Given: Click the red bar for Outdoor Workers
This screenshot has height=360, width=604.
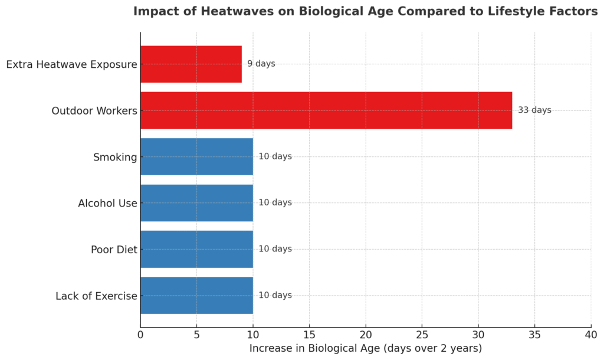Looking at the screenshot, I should pyautogui.click(x=326, y=110).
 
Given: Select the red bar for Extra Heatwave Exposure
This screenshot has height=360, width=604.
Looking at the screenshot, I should pyautogui.click(x=191, y=64).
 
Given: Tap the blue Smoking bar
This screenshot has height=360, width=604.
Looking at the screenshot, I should pyautogui.click(x=196, y=156).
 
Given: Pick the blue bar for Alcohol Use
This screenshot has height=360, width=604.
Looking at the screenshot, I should pyautogui.click(x=196, y=202).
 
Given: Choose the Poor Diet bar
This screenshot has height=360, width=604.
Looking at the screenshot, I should pyautogui.click(x=196, y=249).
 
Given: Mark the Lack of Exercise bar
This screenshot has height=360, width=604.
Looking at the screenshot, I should pyautogui.click(x=196, y=295).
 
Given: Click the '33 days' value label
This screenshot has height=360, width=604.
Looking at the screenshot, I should pyautogui.click(x=534, y=110).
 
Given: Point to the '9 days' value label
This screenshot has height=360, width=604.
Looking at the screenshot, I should pyautogui.click(x=261, y=64).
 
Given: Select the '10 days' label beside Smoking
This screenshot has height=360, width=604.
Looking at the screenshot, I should pyautogui.click(x=275, y=156).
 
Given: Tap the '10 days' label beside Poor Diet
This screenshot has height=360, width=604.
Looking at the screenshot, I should pyautogui.click(x=275, y=249).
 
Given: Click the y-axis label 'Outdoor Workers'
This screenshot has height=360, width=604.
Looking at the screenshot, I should pyautogui.click(x=94, y=110).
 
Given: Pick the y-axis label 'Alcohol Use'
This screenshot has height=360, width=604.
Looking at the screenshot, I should pyautogui.click(x=107, y=203).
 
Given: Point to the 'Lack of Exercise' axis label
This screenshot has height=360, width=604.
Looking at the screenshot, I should pyautogui.click(x=96, y=296).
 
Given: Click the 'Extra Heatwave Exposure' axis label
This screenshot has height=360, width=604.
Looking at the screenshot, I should pyautogui.click(x=71, y=64).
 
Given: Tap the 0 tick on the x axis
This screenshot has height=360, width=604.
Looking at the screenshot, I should pyautogui.click(x=140, y=335).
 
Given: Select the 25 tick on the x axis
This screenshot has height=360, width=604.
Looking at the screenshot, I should pyautogui.click(x=422, y=335).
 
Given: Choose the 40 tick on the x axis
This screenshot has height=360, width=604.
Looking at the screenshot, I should pyautogui.click(x=590, y=335).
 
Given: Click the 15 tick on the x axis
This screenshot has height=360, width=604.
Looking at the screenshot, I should pyautogui.click(x=309, y=335).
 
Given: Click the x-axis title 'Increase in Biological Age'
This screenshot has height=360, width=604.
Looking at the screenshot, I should pyautogui.click(x=315, y=348).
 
